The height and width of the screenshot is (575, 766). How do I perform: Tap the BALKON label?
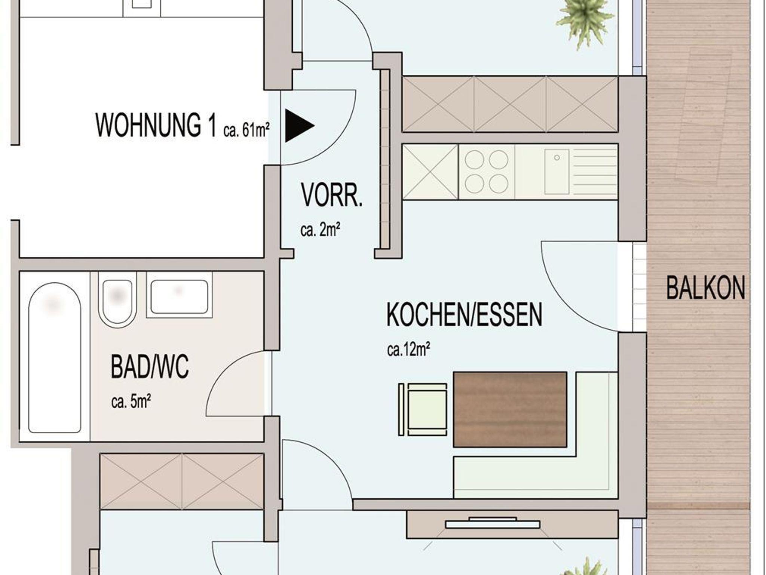tap(706, 287)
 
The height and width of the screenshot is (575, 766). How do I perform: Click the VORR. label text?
tap(332, 195)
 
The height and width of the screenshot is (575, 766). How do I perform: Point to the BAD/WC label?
tap(150, 367)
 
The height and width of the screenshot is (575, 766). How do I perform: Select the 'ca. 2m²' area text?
tap(320, 230)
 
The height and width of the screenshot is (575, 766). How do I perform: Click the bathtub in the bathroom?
tap(55, 358)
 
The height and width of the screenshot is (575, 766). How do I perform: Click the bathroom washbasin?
tap(180, 295)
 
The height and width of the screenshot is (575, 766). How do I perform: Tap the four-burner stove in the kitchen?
tap(487, 172)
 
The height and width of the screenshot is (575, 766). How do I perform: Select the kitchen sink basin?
tap(557, 172)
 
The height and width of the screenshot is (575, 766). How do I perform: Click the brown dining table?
tap(510, 409)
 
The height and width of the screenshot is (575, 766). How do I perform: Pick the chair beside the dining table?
tap(423, 409)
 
